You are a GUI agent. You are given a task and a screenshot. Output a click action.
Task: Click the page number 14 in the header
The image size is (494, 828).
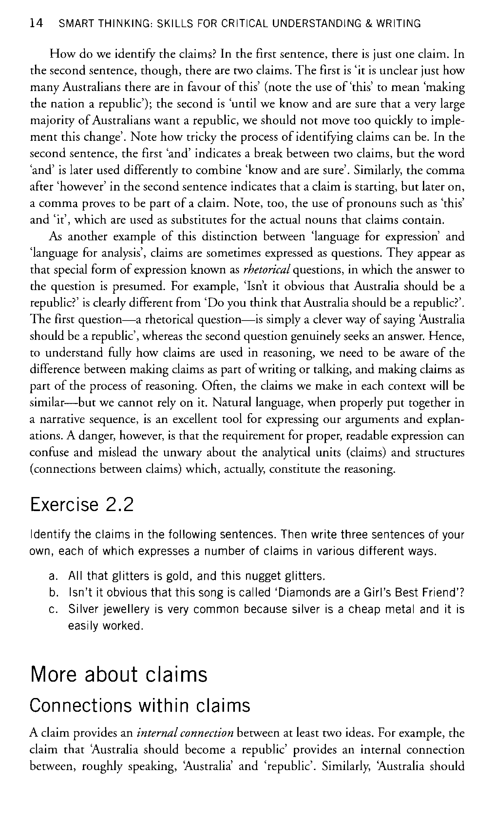(x=36, y=23)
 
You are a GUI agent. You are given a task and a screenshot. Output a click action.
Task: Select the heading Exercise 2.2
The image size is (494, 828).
(x=82, y=505)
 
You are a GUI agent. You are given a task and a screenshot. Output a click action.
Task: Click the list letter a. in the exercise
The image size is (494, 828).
(x=53, y=576)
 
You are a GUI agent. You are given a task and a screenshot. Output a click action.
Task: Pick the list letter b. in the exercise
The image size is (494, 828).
(x=53, y=593)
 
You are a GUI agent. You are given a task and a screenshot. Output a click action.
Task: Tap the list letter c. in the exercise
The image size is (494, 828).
(x=53, y=609)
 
